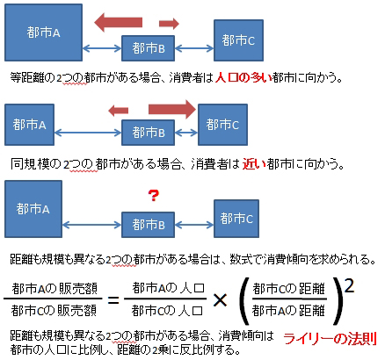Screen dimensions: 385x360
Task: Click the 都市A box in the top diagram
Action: point(43,32)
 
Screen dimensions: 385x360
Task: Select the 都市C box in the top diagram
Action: point(238,40)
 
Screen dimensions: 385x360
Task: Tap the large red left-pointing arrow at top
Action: point(118,22)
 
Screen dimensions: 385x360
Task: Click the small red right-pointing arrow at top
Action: point(169,24)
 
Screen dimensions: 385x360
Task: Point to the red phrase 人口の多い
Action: point(243,77)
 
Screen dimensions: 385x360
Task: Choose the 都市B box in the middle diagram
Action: point(148,133)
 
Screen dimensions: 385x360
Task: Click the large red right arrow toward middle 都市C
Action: point(172,109)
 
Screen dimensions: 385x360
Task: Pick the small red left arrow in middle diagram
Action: point(119,111)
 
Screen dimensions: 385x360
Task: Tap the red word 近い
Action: point(254,164)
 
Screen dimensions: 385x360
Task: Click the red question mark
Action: point(154,196)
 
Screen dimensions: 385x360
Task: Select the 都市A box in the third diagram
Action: point(33,209)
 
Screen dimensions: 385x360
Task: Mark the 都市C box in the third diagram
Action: point(236,219)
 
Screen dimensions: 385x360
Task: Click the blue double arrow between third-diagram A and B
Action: point(92,225)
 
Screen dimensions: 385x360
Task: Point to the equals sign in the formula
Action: point(113,300)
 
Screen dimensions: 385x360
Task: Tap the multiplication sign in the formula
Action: point(220,300)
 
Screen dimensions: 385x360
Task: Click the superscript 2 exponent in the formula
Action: point(349,286)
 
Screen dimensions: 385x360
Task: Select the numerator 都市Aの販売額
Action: point(54,289)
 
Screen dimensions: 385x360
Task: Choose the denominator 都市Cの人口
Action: point(167,311)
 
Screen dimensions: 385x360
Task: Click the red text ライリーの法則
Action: point(331,339)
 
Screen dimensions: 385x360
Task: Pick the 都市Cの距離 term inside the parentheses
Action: point(289,289)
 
